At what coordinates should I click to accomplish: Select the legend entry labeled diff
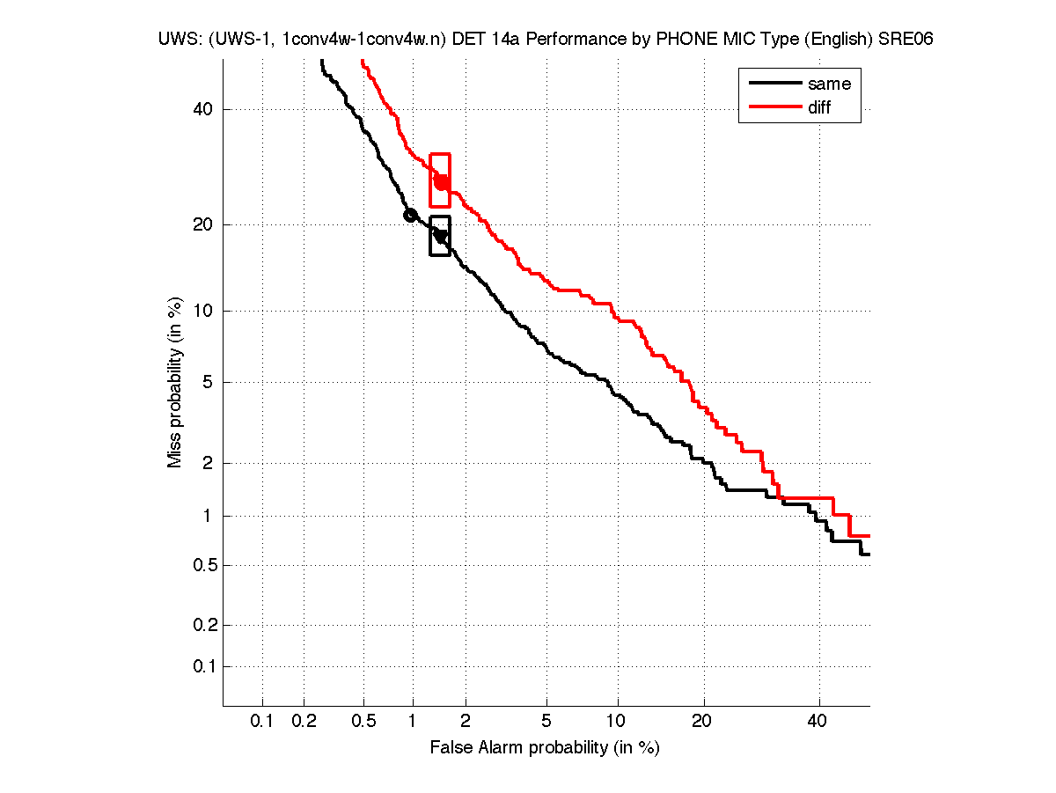tap(818, 107)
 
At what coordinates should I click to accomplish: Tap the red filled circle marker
tap(442, 182)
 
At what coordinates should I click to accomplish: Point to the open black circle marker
tap(410, 215)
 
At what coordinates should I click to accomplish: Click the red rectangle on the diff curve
tap(440, 156)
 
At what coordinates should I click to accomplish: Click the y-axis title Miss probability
tap(175, 382)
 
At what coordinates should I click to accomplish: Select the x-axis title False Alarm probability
tap(545, 748)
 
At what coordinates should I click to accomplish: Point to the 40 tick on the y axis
tap(204, 109)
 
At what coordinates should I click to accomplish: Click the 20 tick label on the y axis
tap(204, 224)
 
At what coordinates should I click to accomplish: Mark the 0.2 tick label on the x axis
tap(304, 722)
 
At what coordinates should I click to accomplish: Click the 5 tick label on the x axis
tap(546, 722)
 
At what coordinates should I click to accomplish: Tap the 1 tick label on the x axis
tap(413, 722)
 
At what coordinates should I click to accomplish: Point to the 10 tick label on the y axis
tap(204, 310)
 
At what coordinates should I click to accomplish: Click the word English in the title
tap(834, 40)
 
